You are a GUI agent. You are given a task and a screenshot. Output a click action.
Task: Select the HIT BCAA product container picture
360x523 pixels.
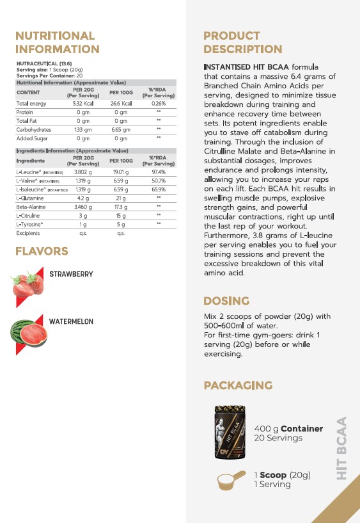[231, 433]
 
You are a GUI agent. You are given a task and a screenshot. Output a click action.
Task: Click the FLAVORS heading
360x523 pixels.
[42, 252]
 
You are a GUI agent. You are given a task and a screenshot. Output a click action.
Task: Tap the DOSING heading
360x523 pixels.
[226, 301]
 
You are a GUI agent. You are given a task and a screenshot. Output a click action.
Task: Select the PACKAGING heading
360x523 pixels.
[238, 385]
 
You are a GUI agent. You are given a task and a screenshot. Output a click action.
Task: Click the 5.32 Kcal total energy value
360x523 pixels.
[83, 104]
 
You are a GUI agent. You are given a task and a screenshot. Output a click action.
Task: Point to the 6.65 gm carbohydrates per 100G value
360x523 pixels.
[121, 129]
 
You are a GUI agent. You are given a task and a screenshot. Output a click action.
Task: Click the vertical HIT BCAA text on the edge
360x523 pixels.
[341, 447]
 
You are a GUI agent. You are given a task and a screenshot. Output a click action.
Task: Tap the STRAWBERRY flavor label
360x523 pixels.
[71, 274]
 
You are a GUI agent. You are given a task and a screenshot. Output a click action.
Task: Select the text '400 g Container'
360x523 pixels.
[288, 429]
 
